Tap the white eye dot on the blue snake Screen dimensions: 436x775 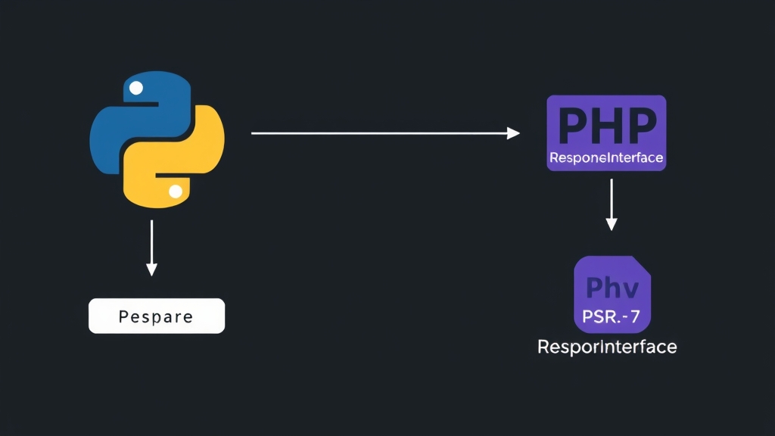click(x=136, y=88)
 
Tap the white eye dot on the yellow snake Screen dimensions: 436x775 click(x=176, y=192)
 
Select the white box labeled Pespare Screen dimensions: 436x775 click(x=157, y=316)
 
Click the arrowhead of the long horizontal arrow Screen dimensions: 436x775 click(x=514, y=133)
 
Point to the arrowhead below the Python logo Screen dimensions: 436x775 click(x=151, y=269)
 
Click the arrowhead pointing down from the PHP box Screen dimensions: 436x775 click(x=612, y=224)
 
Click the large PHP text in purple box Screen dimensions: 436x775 click(x=606, y=126)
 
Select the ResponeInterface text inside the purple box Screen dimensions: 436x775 click(x=606, y=159)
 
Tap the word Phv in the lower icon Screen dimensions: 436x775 click(x=612, y=288)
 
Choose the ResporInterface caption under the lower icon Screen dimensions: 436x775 click(x=607, y=347)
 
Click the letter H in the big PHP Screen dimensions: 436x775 click(x=606, y=126)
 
